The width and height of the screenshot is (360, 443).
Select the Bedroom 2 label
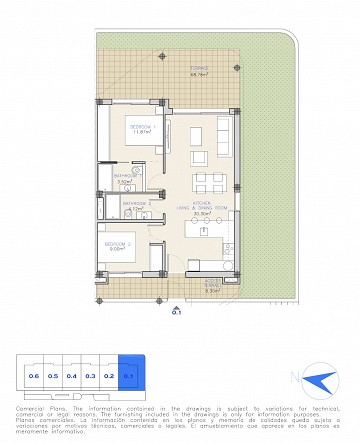tap(118, 246)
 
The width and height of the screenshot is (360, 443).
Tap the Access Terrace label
tap(211, 285)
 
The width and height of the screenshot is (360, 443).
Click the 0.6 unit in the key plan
tap(34, 376)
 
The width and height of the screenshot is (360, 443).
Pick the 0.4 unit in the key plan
tap(72, 376)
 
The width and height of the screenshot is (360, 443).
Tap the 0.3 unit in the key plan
tap(91, 376)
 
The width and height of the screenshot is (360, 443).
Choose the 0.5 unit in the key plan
tap(53, 376)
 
